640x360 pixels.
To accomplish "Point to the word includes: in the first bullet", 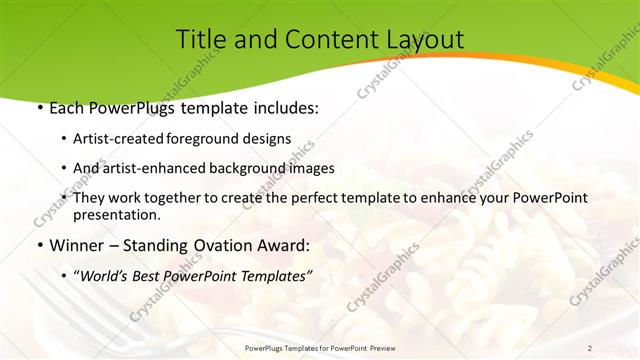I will (x=280, y=107).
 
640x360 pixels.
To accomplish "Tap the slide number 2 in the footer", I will (x=590, y=348).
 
